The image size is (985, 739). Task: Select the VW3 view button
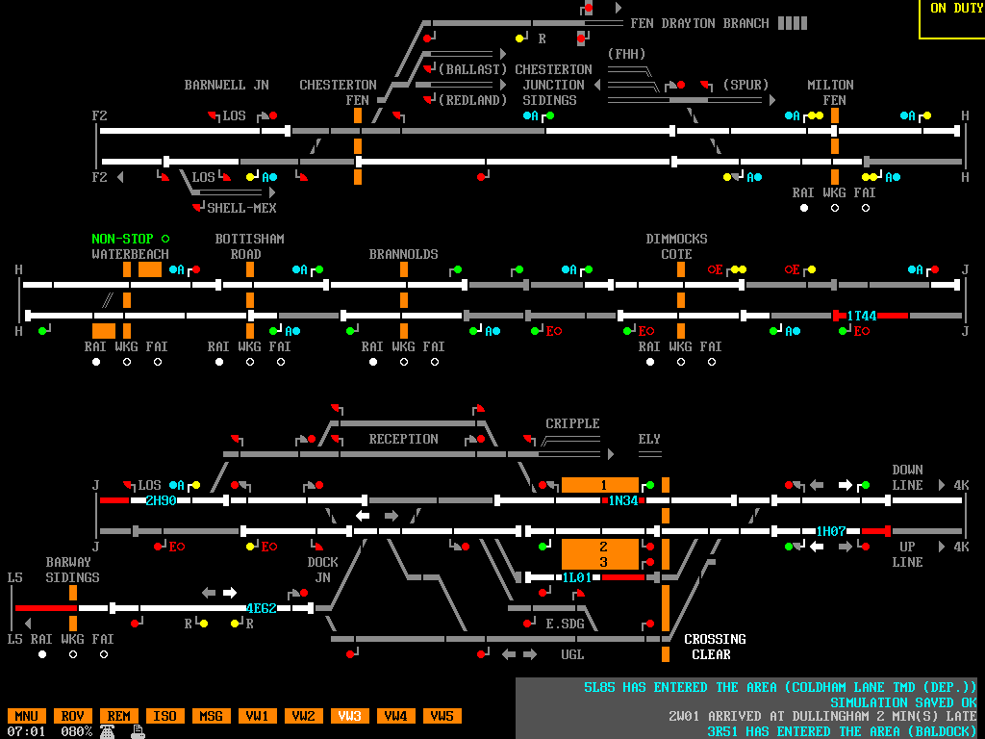(x=349, y=716)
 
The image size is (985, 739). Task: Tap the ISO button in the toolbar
(x=164, y=716)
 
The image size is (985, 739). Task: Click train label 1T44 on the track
(x=861, y=316)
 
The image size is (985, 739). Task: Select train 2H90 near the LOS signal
(x=160, y=500)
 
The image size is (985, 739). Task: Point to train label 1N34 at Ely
(x=623, y=500)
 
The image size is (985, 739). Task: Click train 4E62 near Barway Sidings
(x=261, y=608)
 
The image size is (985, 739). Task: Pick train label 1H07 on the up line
(x=830, y=531)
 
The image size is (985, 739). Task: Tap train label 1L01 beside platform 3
(x=577, y=577)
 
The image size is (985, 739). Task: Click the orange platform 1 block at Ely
(x=600, y=485)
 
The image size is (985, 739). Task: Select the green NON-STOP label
(x=122, y=239)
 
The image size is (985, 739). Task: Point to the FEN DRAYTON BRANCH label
(x=699, y=23)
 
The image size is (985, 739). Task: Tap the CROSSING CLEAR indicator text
(x=715, y=647)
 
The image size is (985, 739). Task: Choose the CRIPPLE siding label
(x=572, y=423)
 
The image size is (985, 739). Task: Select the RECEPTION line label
(x=403, y=439)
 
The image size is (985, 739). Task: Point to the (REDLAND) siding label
(x=472, y=100)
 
